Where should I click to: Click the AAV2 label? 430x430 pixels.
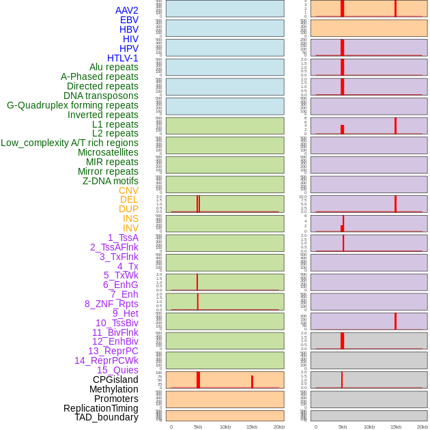point(126,10)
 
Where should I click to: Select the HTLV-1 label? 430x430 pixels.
point(122,58)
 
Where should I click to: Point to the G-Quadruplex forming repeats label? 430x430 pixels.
point(72,105)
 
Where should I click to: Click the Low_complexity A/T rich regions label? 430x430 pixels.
point(69,143)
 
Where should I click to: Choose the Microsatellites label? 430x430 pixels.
point(108,152)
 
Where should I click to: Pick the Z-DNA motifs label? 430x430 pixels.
point(110,181)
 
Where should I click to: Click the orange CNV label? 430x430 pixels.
point(128,190)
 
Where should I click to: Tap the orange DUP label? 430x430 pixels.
point(128,209)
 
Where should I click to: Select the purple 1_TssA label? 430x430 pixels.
point(123,238)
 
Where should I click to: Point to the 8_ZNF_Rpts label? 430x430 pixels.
point(111,304)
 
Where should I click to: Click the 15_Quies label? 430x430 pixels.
point(117,370)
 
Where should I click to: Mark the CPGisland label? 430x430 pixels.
point(115,379)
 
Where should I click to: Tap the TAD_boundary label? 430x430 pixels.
point(106,417)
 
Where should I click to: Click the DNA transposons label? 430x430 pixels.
point(101,96)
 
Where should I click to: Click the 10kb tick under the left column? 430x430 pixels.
point(225,427)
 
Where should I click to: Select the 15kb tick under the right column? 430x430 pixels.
point(396,427)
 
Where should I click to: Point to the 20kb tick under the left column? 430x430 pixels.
point(278,427)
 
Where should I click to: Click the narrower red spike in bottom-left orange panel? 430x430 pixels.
point(252,382)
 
